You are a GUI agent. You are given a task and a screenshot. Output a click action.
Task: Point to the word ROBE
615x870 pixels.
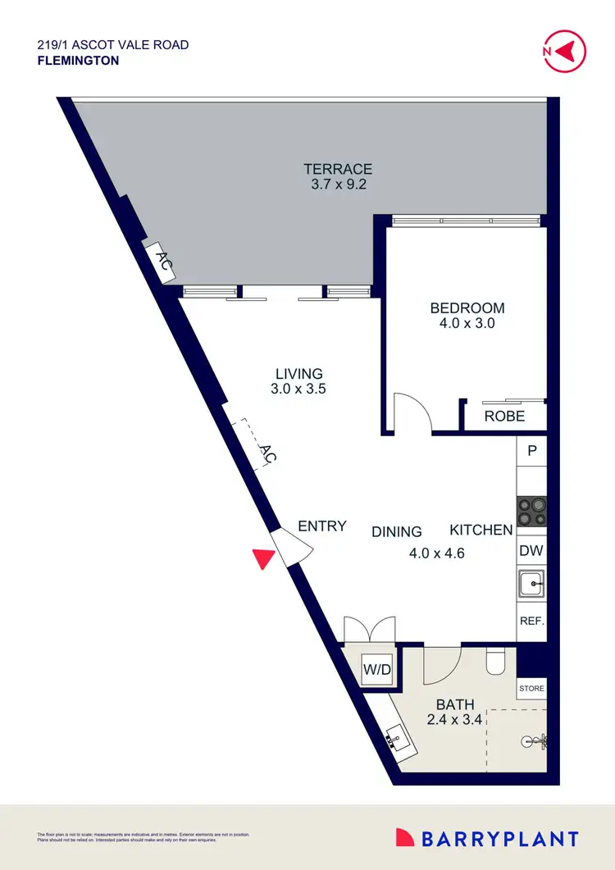pos(504,416)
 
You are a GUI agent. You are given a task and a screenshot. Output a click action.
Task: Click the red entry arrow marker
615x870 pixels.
pos(262,558)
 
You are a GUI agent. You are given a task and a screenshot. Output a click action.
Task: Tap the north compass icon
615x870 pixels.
pos(565,51)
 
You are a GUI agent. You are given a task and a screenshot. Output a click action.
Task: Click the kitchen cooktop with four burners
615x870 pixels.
pos(531,512)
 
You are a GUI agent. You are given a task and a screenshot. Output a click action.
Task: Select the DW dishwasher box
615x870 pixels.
pos(531,551)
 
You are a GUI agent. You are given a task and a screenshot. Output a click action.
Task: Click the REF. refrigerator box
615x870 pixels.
pos(531,622)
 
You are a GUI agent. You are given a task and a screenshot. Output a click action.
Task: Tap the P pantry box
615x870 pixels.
pos(531,450)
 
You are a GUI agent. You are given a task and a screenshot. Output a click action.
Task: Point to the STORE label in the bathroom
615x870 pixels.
pos(531,689)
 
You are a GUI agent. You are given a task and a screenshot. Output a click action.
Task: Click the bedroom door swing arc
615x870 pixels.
pos(412,410)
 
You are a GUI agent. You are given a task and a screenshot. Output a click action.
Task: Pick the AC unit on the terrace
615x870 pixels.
pos(163,262)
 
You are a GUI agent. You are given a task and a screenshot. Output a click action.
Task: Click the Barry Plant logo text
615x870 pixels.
pos(499,839)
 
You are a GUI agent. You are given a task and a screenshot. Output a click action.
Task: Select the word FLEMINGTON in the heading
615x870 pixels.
pos(78,60)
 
